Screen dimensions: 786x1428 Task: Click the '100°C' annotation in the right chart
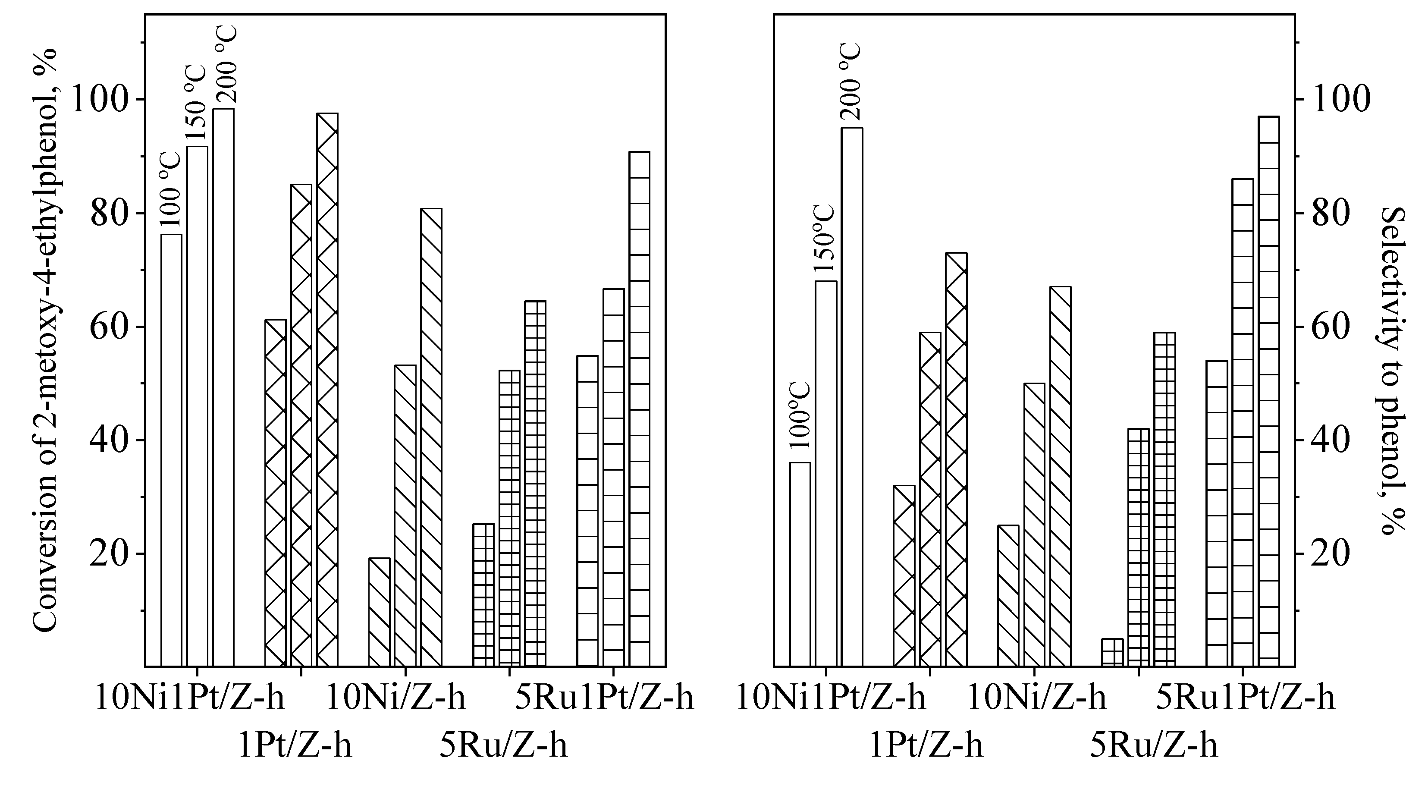(x=799, y=416)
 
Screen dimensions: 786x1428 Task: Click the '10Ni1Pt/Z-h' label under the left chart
(x=190, y=697)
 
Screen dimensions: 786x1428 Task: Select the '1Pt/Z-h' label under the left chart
(x=295, y=746)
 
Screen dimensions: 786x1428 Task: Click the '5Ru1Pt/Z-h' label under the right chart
(x=1245, y=697)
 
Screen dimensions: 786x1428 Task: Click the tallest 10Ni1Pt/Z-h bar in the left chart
(x=223, y=388)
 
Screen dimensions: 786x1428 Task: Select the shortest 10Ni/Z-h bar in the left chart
(x=380, y=612)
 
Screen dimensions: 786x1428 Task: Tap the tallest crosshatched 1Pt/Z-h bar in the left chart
(x=327, y=388)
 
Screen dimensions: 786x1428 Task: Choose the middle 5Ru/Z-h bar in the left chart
(x=509, y=518)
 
